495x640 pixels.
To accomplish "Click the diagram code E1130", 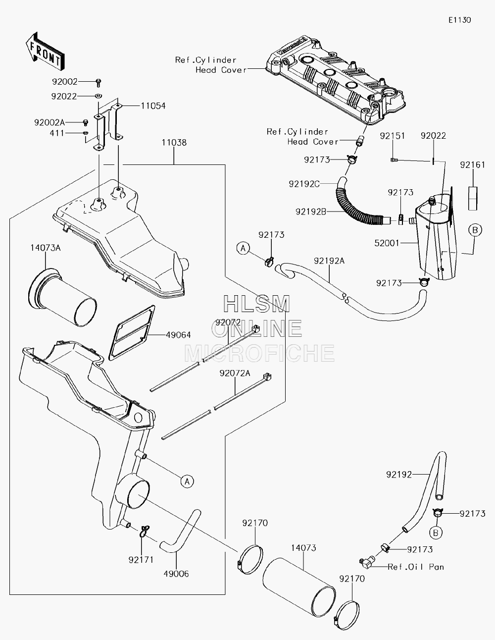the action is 460,20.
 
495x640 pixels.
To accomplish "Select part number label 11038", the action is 174,143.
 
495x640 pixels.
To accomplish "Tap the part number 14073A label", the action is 46,248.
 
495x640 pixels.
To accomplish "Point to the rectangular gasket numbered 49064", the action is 132,333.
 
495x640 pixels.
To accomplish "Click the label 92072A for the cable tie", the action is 235,373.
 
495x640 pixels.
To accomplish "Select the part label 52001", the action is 387,243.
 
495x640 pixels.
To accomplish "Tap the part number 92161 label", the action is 473,165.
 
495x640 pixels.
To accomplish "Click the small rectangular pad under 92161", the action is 473,198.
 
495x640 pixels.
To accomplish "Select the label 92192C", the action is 304,184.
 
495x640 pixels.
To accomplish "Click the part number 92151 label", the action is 393,136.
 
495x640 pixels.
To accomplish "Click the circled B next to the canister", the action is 475,230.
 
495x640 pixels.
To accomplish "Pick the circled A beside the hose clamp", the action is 243,248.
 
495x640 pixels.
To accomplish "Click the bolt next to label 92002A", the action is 86,122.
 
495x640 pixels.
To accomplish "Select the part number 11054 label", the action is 153,106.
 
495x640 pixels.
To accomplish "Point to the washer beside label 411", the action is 85,133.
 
